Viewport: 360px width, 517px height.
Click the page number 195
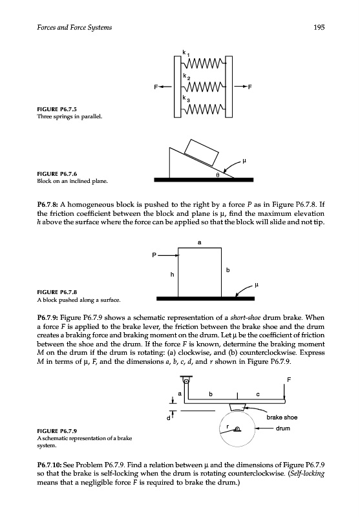319,27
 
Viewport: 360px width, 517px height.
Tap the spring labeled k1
204,63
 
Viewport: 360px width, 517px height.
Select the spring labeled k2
204,87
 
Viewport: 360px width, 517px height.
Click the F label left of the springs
156,87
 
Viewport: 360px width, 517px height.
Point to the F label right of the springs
249,87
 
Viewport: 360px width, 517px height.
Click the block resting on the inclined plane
202,153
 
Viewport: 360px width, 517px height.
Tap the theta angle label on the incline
218,174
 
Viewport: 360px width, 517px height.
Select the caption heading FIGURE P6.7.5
57,109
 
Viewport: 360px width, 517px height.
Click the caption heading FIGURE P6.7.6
57,174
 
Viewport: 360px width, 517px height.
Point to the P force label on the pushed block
154,255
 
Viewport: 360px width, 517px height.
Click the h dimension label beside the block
172,274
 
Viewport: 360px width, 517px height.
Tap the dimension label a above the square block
200,242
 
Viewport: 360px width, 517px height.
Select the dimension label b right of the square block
228,270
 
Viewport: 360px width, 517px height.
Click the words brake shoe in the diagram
282,417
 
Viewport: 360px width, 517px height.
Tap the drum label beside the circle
283,428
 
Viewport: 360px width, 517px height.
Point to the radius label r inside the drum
228,427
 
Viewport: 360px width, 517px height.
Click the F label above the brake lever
289,380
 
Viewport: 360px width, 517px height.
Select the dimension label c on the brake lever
258,394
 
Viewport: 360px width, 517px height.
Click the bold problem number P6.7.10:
49,465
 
